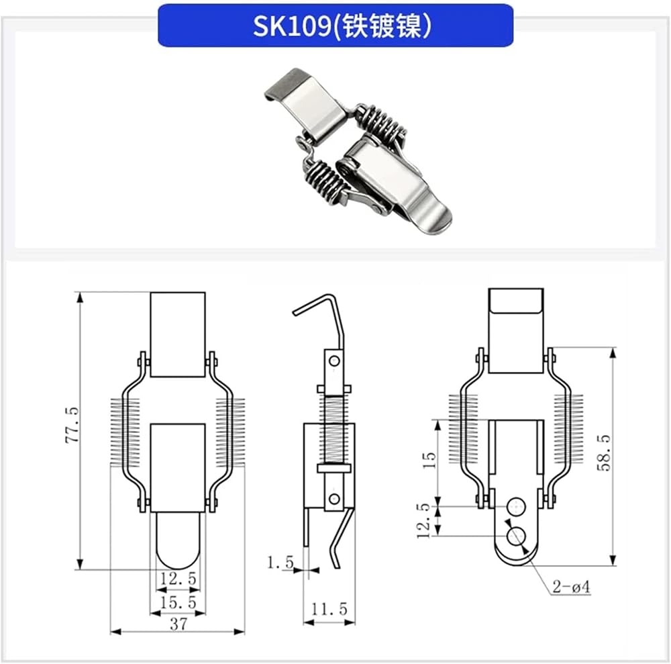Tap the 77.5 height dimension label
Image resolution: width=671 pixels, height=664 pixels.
[x=72, y=425]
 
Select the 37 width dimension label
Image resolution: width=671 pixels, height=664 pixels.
[x=178, y=624]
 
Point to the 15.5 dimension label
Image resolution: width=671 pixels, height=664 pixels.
[x=178, y=602]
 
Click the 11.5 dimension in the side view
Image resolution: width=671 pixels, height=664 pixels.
[x=329, y=609]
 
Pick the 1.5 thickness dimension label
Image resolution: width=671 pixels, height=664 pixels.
[x=280, y=562]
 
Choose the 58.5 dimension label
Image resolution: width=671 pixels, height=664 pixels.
[x=603, y=453]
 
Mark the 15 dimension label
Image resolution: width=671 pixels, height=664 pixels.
[x=429, y=460]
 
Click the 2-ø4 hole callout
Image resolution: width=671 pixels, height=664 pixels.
[x=571, y=586]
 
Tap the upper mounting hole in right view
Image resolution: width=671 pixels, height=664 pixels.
[x=516, y=506]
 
